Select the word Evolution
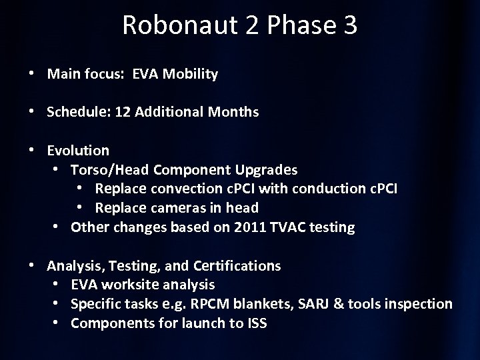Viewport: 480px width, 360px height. pyautogui.click(x=77, y=151)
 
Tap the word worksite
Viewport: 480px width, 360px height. pyautogui.click(x=127, y=285)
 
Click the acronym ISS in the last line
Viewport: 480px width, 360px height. pyautogui.click(x=255, y=324)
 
